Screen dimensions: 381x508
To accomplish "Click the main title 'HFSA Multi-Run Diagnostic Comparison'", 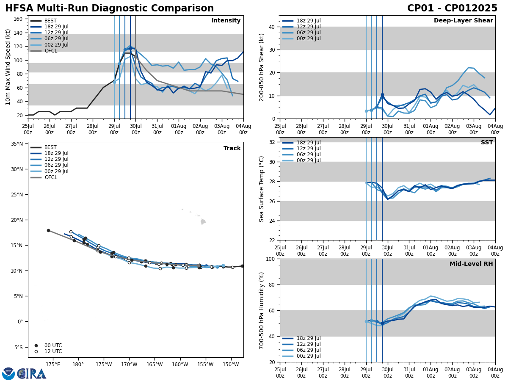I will (109, 8).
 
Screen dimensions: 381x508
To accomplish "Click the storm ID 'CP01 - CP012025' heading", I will (452, 8).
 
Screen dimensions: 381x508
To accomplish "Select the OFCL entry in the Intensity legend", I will (50, 51).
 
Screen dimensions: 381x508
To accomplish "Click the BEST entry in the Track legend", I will (50, 147).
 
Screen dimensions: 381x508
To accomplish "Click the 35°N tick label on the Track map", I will (17, 144).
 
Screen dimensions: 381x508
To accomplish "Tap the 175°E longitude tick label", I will (53, 364).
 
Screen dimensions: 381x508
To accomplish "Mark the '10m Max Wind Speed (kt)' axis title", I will (8, 67).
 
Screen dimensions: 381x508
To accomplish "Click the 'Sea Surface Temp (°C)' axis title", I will (262, 188).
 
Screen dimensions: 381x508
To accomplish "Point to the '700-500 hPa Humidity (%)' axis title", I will (262, 310).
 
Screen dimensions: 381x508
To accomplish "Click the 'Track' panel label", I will (232, 149).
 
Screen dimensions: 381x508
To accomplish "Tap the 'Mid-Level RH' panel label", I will (471, 264).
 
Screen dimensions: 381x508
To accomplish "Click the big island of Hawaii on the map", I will (203, 221).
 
